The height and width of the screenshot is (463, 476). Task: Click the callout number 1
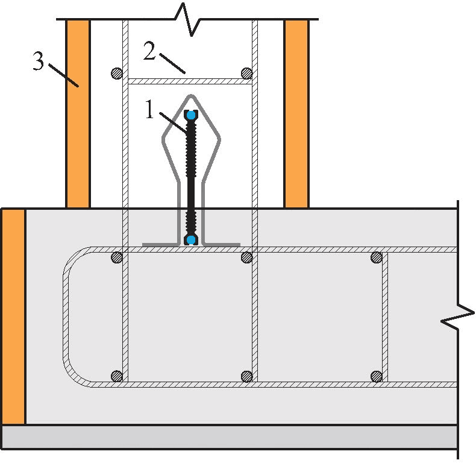click(149, 109)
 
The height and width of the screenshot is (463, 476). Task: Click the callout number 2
click(149, 51)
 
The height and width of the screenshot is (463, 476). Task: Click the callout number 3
click(38, 61)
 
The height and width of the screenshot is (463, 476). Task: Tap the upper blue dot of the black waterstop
click(191, 115)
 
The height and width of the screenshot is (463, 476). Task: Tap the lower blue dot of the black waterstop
click(191, 240)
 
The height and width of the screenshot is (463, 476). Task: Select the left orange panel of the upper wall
click(78, 114)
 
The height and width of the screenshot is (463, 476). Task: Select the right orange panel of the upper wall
click(296, 114)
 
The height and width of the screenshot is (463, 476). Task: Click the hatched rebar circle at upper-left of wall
click(116, 74)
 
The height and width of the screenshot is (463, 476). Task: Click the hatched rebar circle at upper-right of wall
click(246, 74)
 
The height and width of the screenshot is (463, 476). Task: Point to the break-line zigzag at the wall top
click(187, 19)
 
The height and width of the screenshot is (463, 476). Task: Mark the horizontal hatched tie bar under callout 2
click(190, 81)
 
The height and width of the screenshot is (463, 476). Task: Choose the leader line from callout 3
click(64, 75)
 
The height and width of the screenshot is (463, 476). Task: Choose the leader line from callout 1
click(172, 123)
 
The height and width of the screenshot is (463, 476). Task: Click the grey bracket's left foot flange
click(160, 244)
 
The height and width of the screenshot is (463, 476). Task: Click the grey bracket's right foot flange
click(222, 244)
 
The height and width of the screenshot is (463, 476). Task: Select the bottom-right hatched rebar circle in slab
click(377, 376)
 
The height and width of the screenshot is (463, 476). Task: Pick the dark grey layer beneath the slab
click(230, 436)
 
